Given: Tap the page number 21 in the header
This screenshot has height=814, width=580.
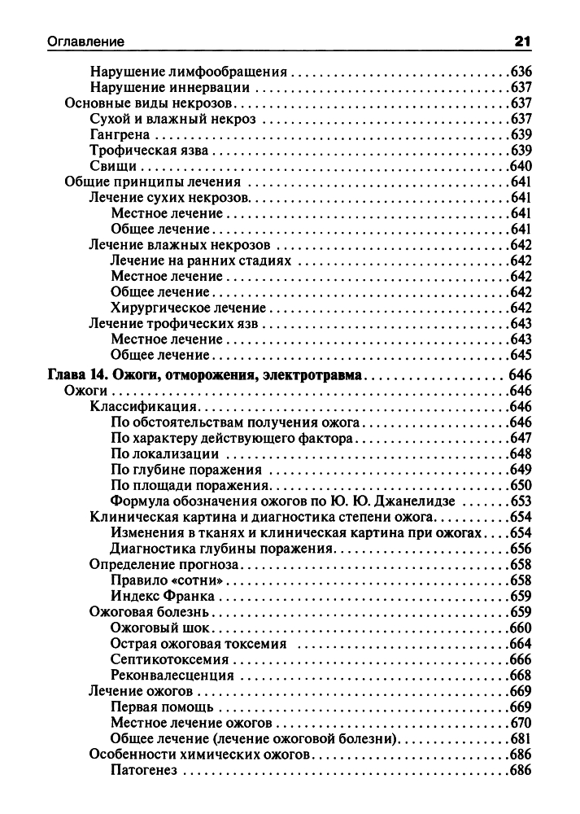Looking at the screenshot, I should coord(522,41).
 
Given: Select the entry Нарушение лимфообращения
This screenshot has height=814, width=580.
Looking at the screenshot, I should coord(189,72).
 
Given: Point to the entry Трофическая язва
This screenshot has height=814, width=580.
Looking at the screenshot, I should coord(150,151).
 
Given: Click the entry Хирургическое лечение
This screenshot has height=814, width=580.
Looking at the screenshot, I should coord(188,308).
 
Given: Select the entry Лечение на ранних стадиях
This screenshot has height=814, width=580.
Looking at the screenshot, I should coord(200,260).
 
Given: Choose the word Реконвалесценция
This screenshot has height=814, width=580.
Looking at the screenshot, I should coord(172,675).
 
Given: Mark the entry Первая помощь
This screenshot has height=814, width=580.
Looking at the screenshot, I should coord(162,706).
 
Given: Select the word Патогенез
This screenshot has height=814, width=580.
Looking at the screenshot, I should coord(143,769).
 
